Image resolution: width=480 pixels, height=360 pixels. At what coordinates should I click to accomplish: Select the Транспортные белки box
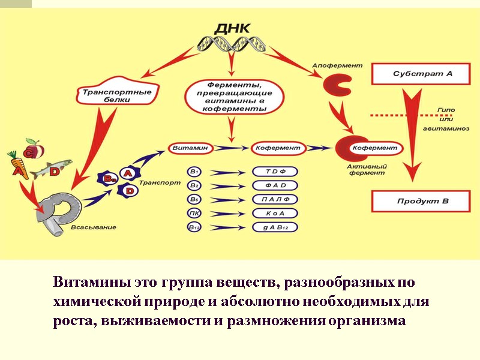113,97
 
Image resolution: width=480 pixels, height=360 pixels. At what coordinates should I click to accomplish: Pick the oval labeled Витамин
190,147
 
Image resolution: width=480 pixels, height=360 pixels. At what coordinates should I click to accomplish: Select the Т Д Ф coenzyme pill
275,171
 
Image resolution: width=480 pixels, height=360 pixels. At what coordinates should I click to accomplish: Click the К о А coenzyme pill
275,213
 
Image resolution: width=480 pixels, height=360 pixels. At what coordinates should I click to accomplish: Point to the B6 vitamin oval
194,199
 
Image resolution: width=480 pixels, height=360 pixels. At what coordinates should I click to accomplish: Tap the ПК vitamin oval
194,213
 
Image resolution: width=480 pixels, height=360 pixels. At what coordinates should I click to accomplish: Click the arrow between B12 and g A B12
228,227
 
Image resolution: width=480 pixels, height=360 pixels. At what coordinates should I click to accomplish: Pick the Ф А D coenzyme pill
275,185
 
